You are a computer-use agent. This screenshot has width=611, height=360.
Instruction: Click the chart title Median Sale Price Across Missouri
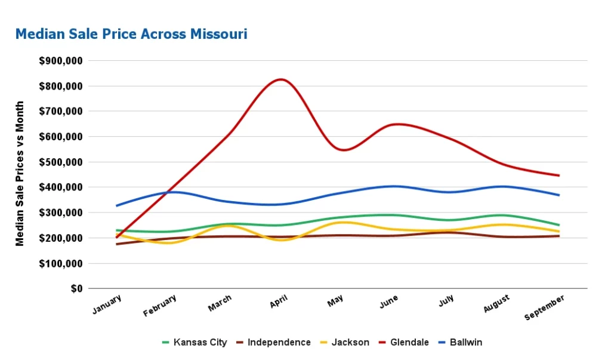(x=131, y=34)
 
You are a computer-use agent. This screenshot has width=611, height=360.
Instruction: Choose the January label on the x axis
(x=108, y=304)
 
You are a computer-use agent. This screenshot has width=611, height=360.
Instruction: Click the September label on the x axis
(x=545, y=307)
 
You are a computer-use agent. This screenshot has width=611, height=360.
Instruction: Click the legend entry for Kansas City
(x=200, y=342)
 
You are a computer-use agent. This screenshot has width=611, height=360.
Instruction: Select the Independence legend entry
(x=279, y=342)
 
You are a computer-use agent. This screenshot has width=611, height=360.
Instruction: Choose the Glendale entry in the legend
(x=409, y=342)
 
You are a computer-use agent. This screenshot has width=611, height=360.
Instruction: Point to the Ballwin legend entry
(x=466, y=342)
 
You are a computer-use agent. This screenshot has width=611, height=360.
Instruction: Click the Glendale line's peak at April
(x=281, y=79)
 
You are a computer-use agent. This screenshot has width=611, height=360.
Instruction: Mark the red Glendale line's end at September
(x=559, y=176)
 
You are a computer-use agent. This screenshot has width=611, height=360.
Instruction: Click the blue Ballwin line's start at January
(x=117, y=206)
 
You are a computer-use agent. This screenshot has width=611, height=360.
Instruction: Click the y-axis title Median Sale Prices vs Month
(x=20, y=173)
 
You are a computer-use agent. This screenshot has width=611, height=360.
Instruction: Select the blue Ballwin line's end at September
(x=559, y=195)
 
